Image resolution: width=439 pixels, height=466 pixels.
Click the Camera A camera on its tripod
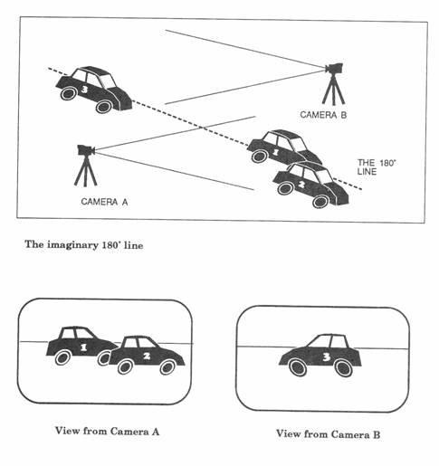tap(86, 150)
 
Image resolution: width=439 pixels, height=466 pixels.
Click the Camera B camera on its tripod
tap(334, 68)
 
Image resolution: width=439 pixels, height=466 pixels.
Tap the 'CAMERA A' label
tap(104, 202)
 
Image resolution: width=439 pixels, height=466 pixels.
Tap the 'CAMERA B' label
tap(323, 115)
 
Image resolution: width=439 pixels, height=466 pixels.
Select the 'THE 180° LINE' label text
tap(377, 167)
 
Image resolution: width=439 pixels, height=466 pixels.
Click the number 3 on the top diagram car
tap(84, 89)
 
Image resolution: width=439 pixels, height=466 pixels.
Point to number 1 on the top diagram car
tap(275, 152)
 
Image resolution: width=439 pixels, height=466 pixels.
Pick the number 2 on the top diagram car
tap(301, 184)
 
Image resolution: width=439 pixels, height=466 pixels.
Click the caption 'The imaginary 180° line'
tap(84, 244)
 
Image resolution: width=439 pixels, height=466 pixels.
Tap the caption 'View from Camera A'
tap(107, 431)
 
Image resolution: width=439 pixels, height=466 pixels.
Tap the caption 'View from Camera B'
tap(328, 434)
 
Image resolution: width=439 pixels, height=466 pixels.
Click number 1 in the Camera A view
tap(83, 347)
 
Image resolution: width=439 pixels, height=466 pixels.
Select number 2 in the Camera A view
tap(147, 357)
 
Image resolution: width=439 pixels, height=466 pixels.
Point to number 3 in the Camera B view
tap(326, 357)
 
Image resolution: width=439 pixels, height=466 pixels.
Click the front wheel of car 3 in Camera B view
tap(298, 367)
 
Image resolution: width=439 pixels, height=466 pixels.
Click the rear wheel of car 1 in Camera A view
tap(62, 357)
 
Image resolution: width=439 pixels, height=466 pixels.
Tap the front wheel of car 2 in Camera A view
tap(167, 367)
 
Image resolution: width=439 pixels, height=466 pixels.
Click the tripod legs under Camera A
tap(86, 171)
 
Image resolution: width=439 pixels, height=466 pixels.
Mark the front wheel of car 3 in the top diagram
tap(104, 107)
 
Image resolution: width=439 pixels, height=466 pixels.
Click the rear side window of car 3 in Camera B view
tap(339, 342)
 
